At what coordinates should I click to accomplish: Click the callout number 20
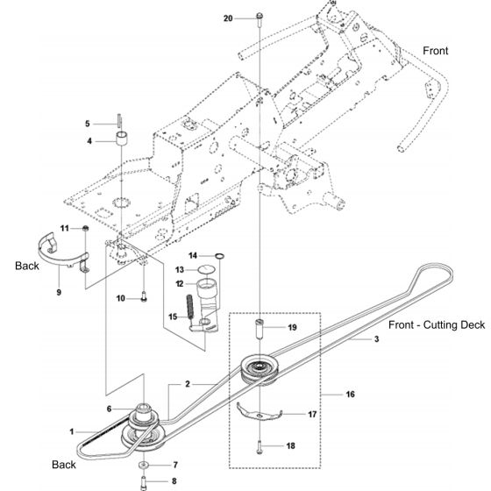[229, 18]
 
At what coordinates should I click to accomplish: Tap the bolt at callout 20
[260, 18]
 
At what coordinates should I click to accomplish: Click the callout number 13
[179, 269]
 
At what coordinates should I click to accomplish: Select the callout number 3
[352, 338]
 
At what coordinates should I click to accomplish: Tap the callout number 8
[175, 480]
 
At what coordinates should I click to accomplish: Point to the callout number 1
[74, 431]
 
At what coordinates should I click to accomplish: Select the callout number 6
[110, 409]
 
